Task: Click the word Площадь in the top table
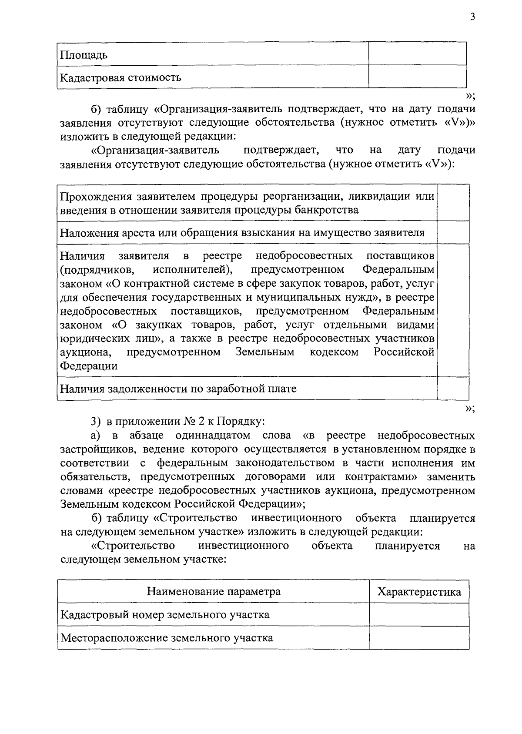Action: (84, 55)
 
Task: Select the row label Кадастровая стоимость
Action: (120, 78)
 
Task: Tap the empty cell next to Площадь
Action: (417, 54)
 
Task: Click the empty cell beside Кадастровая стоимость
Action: (417, 77)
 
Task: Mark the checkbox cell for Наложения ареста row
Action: (452, 232)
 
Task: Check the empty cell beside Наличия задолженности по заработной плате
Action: (452, 388)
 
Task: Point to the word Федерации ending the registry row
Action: (89, 366)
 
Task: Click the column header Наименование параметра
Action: (213, 592)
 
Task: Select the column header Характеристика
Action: (419, 592)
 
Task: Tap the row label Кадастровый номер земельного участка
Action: (164, 615)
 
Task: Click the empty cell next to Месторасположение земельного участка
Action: (419, 638)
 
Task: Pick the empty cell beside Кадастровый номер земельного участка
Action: (419, 615)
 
